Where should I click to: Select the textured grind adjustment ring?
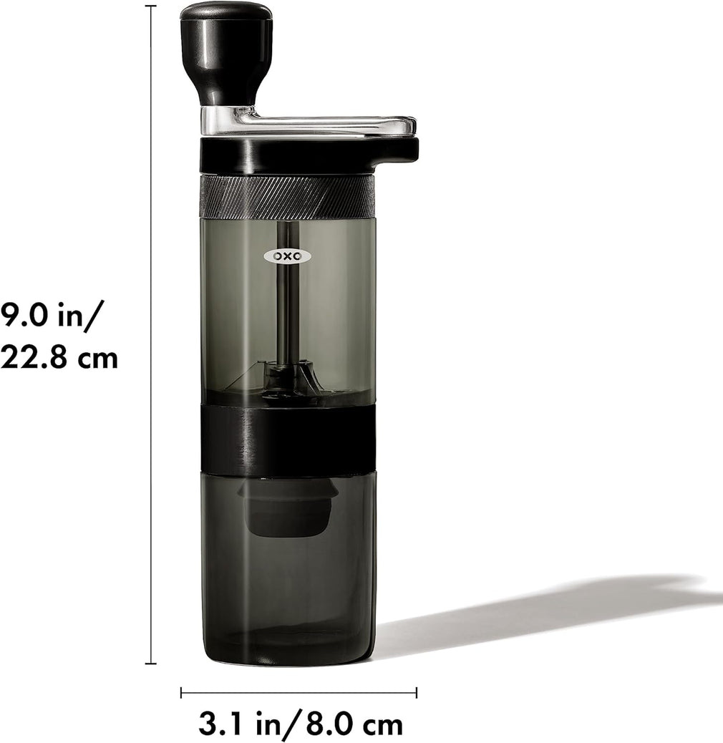point(287,196)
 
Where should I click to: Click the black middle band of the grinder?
point(288,440)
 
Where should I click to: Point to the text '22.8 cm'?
point(59,356)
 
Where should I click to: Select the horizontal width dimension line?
point(299,692)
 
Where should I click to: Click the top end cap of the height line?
point(150,6)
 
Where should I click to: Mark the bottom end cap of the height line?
point(150,664)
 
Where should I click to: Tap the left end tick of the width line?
point(181,692)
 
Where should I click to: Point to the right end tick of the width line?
point(417,692)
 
